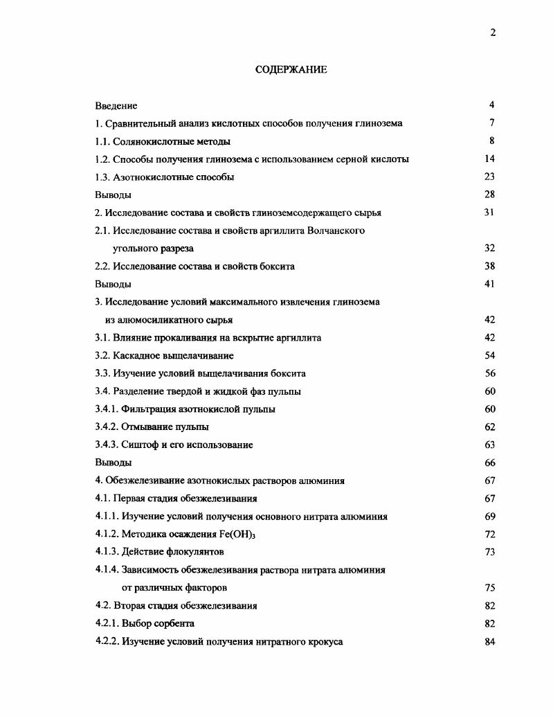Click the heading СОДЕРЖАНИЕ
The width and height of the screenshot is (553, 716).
point(291,70)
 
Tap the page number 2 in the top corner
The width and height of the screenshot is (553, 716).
point(493,33)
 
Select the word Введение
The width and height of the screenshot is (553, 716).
point(116,106)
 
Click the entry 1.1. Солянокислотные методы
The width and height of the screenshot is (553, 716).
point(163,141)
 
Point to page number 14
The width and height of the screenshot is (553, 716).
point(490,159)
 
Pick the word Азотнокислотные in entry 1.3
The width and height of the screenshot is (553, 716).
point(147,177)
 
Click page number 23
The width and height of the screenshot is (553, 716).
point(490,177)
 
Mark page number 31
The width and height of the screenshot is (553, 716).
point(489,213)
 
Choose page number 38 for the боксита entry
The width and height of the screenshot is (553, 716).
point(490,267)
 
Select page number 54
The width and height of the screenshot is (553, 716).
point(490,356)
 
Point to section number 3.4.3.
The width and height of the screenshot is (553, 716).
point(107,445)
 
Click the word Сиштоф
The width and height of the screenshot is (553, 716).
point(138,445)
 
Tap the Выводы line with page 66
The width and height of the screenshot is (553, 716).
point(114,463)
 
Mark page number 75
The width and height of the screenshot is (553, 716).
point(490,588)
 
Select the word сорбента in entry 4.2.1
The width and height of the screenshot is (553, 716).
point(175,624)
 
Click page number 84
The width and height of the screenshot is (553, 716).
point(490,642)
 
